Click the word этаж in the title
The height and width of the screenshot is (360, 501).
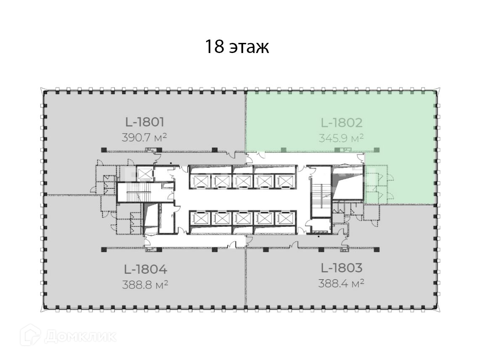[x=249, y=48]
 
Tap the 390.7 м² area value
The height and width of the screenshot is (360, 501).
[x=144, y=138]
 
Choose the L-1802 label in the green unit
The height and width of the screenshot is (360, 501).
[x=342, y=123]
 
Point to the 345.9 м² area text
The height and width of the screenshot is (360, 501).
[x=341, y=138]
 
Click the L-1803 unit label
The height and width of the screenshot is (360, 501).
[x=342, y=267]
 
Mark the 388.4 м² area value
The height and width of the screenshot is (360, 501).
[x=341, y=283]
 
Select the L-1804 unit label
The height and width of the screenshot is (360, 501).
[x=146, y=269]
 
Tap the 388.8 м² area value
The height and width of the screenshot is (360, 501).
[x=145, y=284]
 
